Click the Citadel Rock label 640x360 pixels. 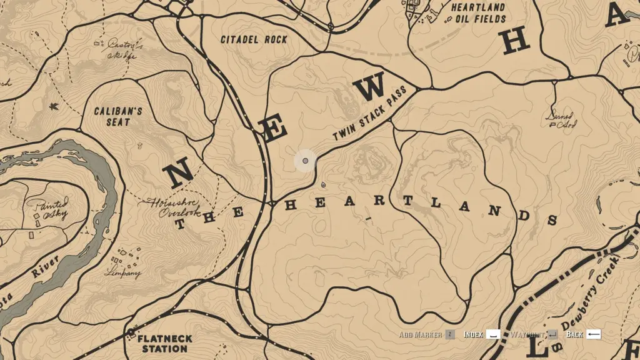[x=254, y=39]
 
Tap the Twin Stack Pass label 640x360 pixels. [x=369, y=113]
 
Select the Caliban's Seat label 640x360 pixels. [x=117, y=116]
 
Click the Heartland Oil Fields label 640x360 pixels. [x=477, y=13]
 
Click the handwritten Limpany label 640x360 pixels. [x=122, y=273]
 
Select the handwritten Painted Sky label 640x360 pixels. [x=51, y=209]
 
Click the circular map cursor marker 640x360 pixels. [x=305, y=161]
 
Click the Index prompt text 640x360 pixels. [x=473, y=334]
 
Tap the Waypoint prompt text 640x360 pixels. [x=527, y=334]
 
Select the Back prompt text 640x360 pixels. [x=574, y=334]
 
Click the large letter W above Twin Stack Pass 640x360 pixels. [x=371, y=87]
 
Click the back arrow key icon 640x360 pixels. [x=593, y=334]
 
